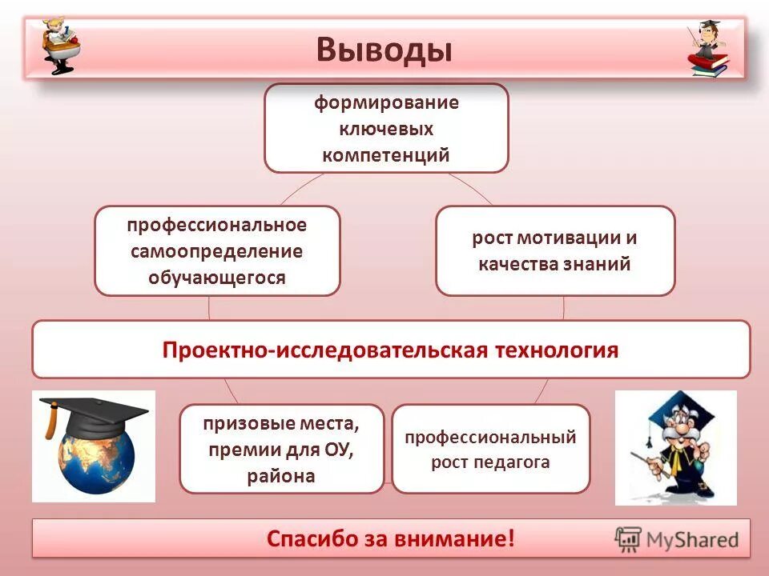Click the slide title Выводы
click(384, 50)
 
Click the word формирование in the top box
click(385, 103)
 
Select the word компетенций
click(386, 154)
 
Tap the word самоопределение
click(217, 251)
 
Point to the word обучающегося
click(217, 278)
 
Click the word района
click(281, 477)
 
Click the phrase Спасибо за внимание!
click(390, 538)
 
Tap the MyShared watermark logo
click(677, 538)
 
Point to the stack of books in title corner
click(710, 66)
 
